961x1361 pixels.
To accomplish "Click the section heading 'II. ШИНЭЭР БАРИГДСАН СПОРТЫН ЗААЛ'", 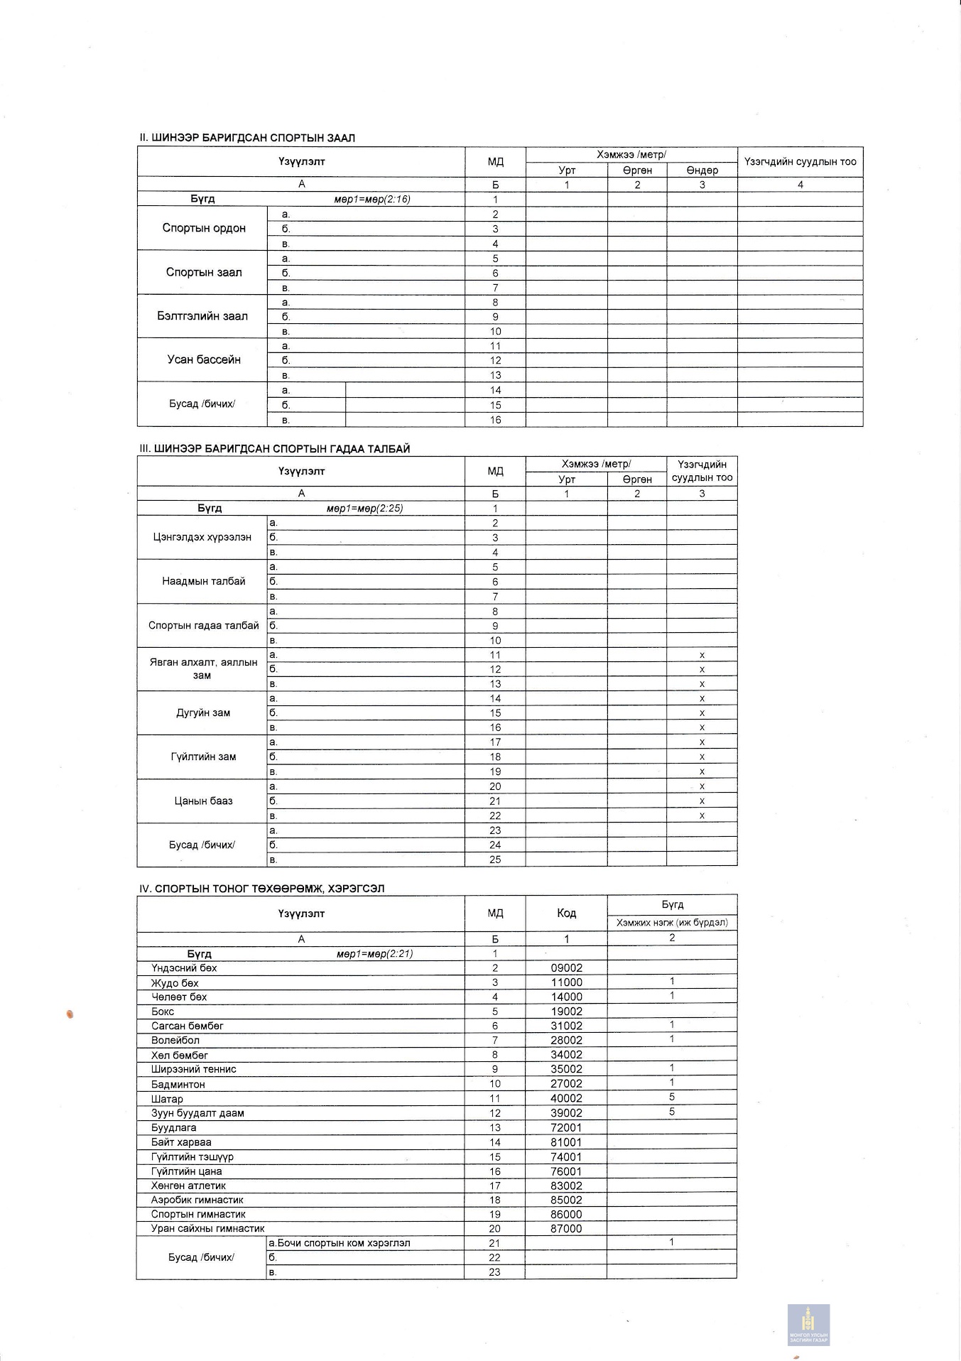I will coord(247,138).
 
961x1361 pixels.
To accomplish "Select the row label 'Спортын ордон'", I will coord(204,228).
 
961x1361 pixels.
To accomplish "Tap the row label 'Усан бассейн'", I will coord(204,359).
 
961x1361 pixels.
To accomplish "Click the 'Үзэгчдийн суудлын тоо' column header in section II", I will coord(800,161).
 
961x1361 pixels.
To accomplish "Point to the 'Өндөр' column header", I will coord(702,170).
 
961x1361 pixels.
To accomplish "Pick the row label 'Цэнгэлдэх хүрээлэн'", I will coord(202,537).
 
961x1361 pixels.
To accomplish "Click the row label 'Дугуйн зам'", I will coord(203,712).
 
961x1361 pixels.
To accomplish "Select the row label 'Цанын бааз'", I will coord(203,801).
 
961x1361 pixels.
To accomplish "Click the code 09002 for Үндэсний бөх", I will coord(566,967).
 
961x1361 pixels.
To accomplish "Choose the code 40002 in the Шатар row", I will coord(566,1098).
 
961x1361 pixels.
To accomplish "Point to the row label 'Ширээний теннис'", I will coord(193,1069).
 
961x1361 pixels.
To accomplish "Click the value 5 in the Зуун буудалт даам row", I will coord(672,1112).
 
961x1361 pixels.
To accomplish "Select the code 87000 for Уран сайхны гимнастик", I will coord(566,1228).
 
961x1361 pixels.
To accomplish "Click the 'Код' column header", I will coord(566,913).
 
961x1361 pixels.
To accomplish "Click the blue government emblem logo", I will coord(808,1325).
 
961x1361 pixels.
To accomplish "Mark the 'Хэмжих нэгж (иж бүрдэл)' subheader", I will coord(672,923).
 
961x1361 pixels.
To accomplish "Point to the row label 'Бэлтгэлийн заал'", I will coord(202,316).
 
